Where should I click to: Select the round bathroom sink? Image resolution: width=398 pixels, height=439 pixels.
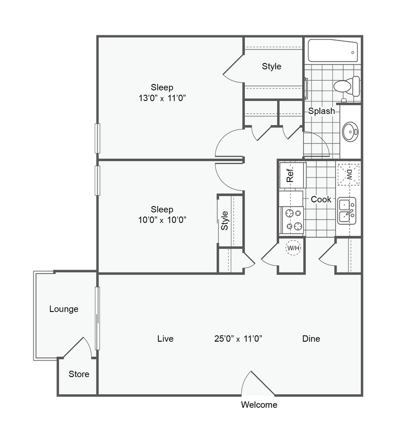pyautogui.click(x=350, y=131)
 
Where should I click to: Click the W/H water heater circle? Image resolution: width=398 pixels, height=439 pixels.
pyautogui.click(x=293, y=249)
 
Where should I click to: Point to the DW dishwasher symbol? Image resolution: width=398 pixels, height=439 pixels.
pyautogui.click(x=349, y=174)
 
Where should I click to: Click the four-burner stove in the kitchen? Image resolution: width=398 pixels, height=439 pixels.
pyautogui.click(x=292, y=219)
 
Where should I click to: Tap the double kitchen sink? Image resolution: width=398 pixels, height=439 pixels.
pyautogui.click(x=347, y=210)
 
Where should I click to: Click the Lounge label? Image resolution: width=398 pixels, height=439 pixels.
pyautogui.click(x=64, y=309)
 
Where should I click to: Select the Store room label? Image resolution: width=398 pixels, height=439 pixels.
pyautogui.click(x=79, y=374)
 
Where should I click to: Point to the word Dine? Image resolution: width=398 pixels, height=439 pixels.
pyautogui.click(x=311, y=339)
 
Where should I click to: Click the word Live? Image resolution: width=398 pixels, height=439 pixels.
pyautogui.click(x=165, y=339)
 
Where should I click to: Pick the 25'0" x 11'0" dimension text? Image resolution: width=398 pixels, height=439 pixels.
pyautogui.click(x=238, y=339)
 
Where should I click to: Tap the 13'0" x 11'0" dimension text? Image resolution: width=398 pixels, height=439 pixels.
pyautogui.click(x=162, y=98)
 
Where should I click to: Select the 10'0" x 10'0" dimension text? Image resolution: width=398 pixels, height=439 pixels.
pyautogui.click(x=162, y=219)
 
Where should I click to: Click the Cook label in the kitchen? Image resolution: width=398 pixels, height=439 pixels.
pyautogui.click(x=321, y=199)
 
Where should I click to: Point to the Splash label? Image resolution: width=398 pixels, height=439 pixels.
pyautogui.click(x=321, y=111)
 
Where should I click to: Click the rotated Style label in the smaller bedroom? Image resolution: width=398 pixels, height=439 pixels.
pyautogui.click(x=225, y=221)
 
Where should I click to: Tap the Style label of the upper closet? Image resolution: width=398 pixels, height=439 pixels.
pyautogui.click(x=271, y=66)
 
